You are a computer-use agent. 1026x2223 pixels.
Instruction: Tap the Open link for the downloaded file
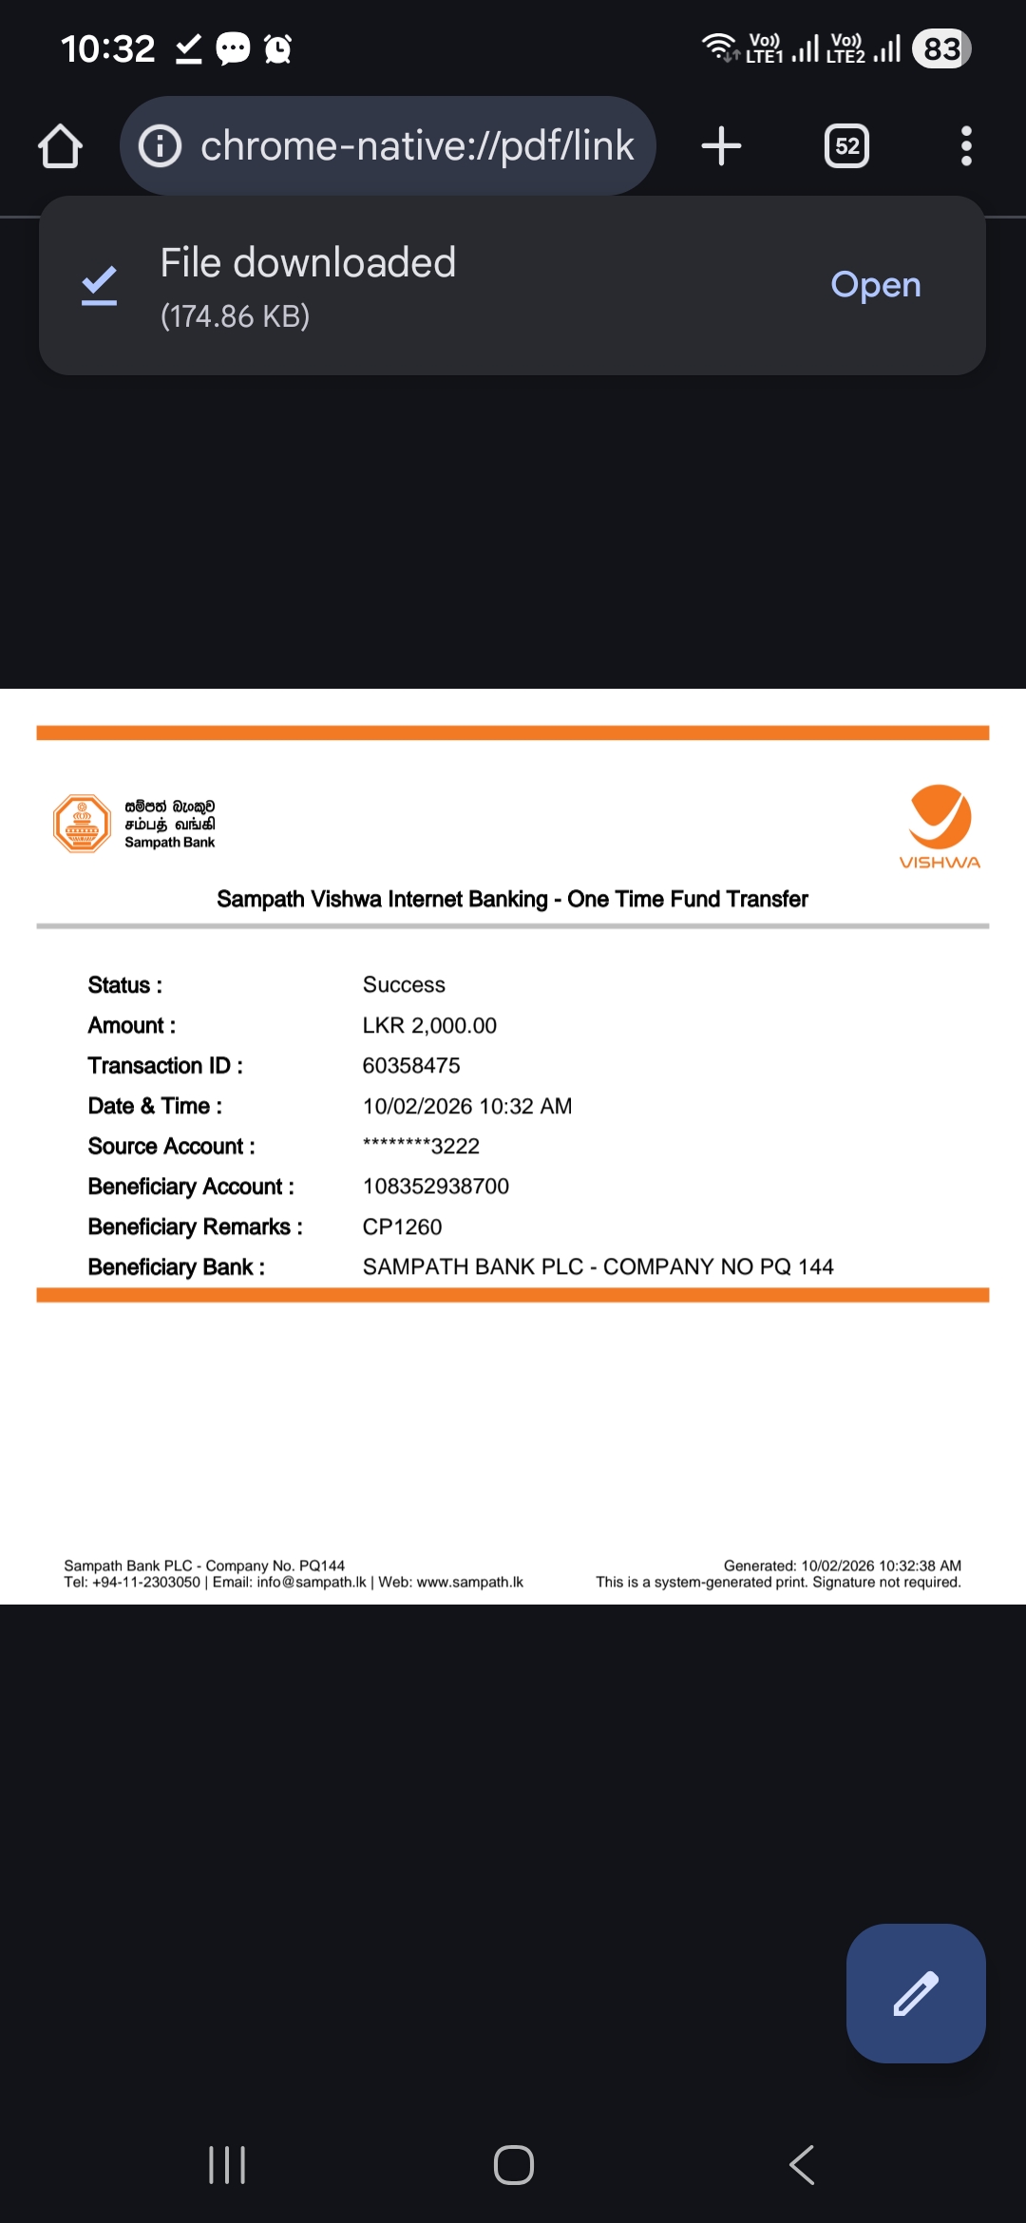tap(875, 285)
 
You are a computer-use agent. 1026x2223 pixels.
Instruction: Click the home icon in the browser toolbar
tap(60, 146)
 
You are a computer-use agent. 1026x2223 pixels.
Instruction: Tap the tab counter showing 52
tap(846, 146)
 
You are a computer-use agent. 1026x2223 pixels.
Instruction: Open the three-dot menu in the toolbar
tap(966, 146)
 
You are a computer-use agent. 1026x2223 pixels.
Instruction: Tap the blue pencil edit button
tap(915, 1993)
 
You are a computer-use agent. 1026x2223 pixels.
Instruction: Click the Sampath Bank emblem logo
tap(82, 824)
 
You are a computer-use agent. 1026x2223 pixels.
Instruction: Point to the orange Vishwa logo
tap(940, 825)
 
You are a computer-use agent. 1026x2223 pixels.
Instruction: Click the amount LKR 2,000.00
tap(429, 1026)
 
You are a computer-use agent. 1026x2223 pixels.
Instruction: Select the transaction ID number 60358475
tap(411, 1066)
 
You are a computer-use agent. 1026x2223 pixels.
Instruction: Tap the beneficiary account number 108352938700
tap(436, 1187)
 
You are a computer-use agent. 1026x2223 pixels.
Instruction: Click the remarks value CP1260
tap(402, 1227)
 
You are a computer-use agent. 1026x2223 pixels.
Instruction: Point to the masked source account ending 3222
tap(421, 1147)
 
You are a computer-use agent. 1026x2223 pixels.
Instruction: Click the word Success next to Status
tap(404, 985)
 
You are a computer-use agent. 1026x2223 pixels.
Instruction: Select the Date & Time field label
tap(155, 1107)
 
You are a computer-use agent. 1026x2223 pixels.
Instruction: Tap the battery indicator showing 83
tap(940, 48)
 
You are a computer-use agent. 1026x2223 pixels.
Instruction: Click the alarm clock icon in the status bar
tap(277, 48)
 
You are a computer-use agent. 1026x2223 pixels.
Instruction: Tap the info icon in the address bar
tap(160, 146)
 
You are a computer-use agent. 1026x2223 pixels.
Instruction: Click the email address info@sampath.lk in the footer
tap(312, 1583)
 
